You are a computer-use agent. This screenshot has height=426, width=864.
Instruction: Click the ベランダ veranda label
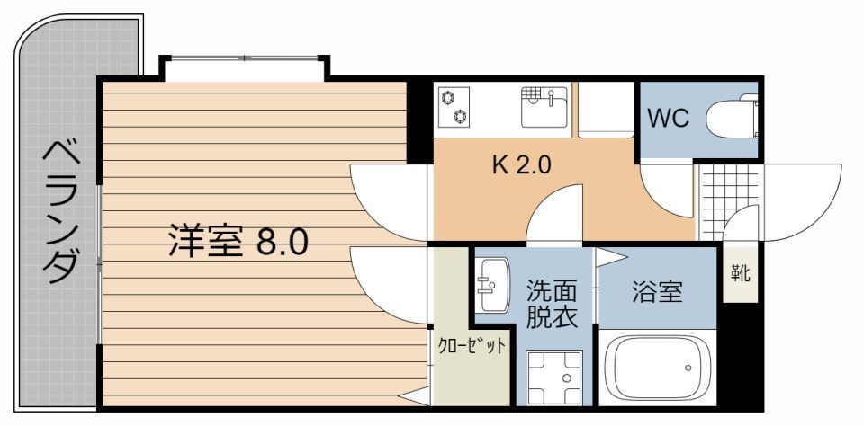coord(61,211)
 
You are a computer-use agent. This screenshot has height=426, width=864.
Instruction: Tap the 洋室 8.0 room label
coord(238,242)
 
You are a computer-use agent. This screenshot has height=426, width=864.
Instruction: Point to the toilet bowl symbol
coord(731,120)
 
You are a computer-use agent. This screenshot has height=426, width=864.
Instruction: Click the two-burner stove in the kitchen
coord(454,106)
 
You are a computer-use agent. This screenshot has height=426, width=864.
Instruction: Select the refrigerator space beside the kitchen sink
coord(606,110)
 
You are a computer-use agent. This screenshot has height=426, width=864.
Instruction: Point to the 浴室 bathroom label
coord(656,292)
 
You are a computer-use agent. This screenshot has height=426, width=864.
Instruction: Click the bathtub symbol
coord(658,368)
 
